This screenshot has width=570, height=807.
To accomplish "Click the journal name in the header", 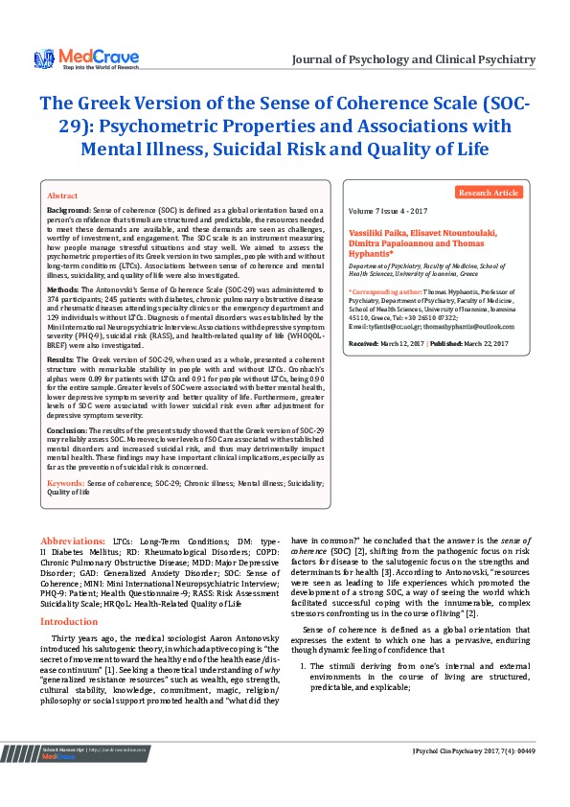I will coord(426,59).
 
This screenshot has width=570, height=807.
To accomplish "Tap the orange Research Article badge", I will coord(489,193).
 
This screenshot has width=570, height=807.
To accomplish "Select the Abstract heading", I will coord(62,195).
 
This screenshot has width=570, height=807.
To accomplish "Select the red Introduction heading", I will coord(68,595).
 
